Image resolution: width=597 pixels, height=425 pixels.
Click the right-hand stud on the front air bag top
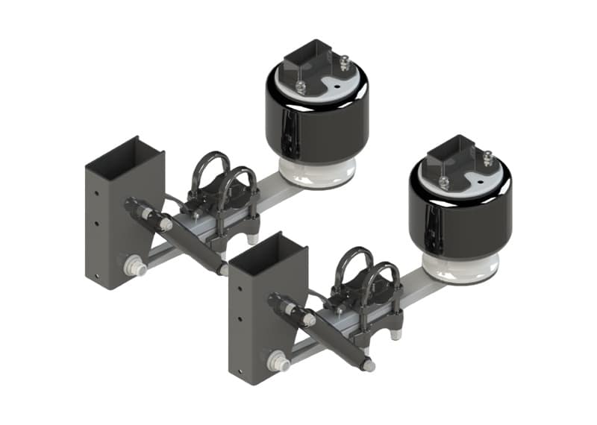coord(488,158)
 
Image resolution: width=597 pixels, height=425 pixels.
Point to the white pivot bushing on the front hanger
coord(278,361)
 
